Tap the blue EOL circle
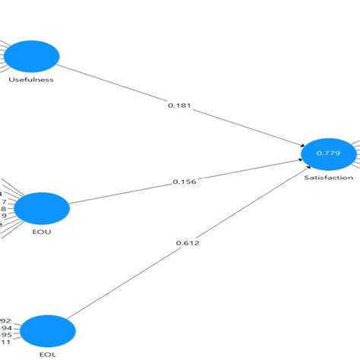(48, 332)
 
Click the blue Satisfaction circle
(329, 153)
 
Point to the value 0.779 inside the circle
(329, 153)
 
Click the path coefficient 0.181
(178, 106)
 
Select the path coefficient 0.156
(184, 182)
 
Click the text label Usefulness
(30, 81)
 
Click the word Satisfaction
(329, 178)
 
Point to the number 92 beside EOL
(6, 320)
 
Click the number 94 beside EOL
(6, 328)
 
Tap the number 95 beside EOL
(6, 336)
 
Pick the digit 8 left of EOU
(3, 209)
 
